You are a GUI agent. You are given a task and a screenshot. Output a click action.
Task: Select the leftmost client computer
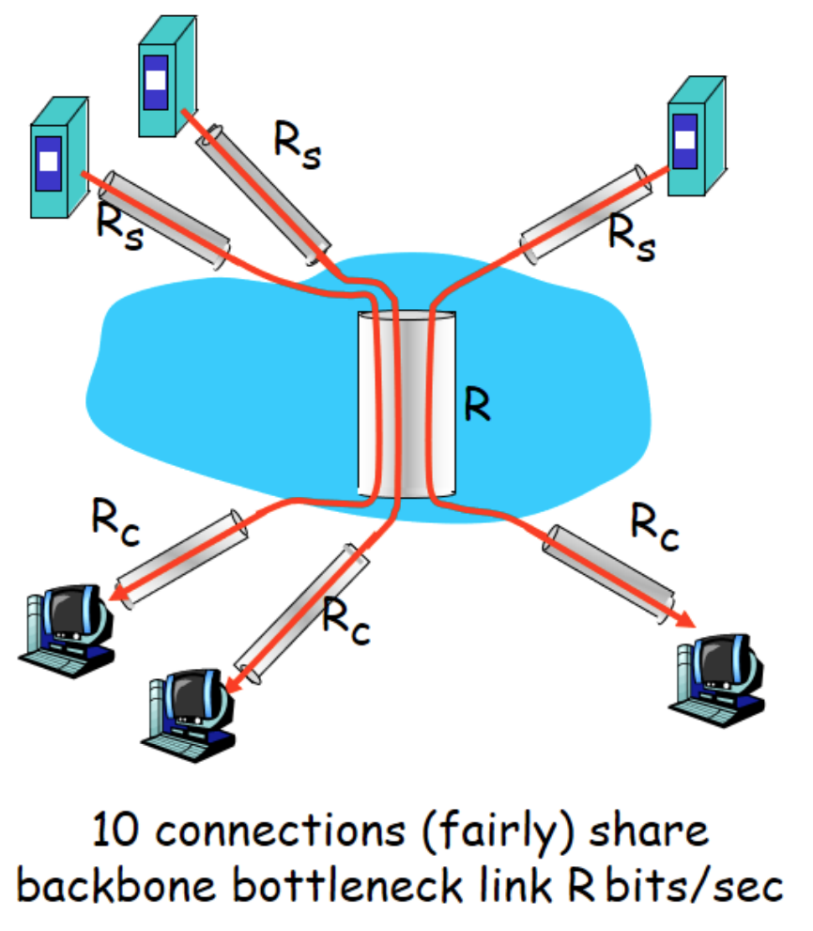tap(66, 628)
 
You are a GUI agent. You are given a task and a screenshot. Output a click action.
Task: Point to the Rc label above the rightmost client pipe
tap(654, 523)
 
